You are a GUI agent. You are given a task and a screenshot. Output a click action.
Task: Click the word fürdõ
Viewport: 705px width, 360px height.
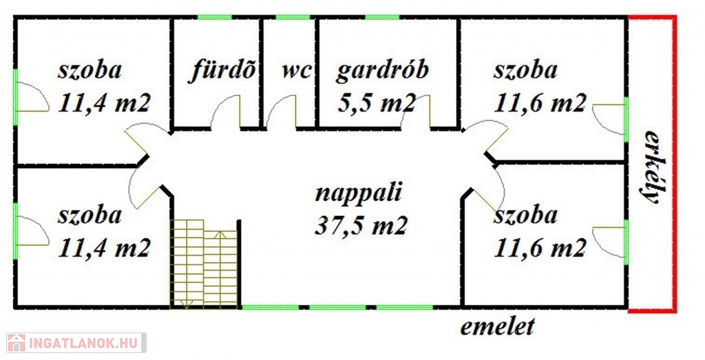tap(222, 72)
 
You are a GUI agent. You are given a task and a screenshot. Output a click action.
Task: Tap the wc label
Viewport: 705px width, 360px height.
tap(297, 71)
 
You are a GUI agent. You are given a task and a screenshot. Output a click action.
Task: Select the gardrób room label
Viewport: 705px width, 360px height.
tap(382, 72)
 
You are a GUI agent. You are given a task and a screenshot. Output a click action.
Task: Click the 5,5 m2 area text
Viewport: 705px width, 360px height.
tap(377, 103)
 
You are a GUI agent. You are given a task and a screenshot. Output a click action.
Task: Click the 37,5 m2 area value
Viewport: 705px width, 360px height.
tap(361, 226)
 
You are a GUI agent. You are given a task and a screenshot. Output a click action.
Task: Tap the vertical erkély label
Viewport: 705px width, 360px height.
tap(651, 167)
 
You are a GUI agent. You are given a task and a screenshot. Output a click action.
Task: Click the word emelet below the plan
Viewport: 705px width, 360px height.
tap(498, 326)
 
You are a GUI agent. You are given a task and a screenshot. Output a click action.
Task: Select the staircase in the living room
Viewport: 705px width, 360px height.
tap(204, 264)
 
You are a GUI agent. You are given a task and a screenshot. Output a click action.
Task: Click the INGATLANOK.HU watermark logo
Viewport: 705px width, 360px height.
tap(76, 343)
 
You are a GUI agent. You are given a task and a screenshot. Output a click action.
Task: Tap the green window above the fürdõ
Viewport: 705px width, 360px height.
tap(215, 17)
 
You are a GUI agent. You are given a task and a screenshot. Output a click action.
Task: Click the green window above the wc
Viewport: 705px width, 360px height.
tap(293, 17)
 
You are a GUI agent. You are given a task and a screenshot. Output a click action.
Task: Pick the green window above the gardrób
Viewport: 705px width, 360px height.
tap(382, 17)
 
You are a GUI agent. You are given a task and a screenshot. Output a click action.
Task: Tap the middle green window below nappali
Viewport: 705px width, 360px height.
tap(337, 308)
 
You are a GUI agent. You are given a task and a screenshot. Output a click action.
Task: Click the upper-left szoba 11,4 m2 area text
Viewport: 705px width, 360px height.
tap(104, 103)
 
